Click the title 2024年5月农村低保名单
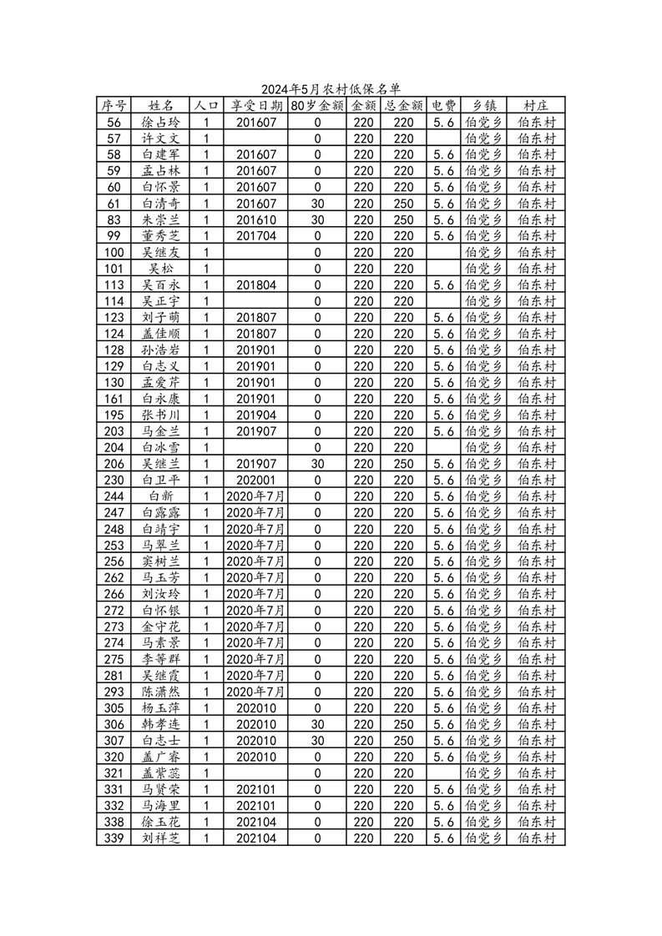pyautogui.click(x=331, y=89)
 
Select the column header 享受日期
pyautogui.click(x=256, y=106)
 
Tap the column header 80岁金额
pyautogui.click(x=317, y=106)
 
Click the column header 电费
pyautogui.click(x=443, y=106)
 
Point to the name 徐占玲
pyautogui.click(x=160, y=122)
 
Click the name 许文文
pyautogui.click(x=160, y=138)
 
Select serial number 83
pyautogui.click(x=114, y=219)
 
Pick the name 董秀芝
pyautogui.click(x=160, y=236)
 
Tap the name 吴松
pyautogui.click(x=160, y=269)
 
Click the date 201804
pyautogui.click(x=256, y=284)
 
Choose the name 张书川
pyautogui.click(x=160, y=415)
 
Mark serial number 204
pyautogui.click(x=114, y=447)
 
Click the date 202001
pyautogui.click(x=256, y=480)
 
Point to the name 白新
pyautogui.click(x=160, y=496)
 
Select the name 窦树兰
pyautogui.click(x=160, y=561)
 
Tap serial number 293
pyautogui.click(x=114, y=692)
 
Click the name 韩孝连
pyautogui.click(x=160, y=724)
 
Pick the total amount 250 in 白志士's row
pyautogui.click(x=404, y=740)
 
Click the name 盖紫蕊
pyautogui.click(x=160, y=772)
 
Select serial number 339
pyautogui.click(x=114, y=838)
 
